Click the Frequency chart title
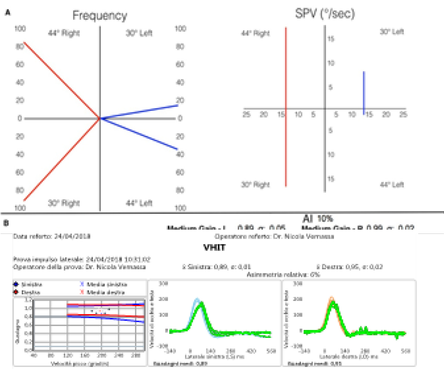coord(100,16)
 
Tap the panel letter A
coord(7,13)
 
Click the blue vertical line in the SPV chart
coord(364,93)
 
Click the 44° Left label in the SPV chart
coord(392,185)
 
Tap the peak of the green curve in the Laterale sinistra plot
coord(201,302)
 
